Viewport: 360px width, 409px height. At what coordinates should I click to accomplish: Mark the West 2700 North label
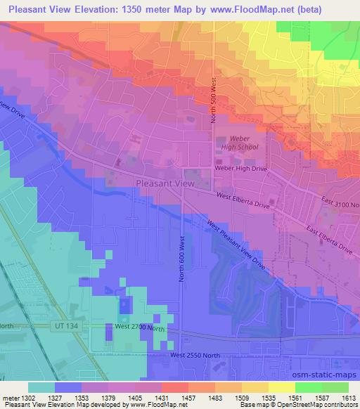point(139,327)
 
